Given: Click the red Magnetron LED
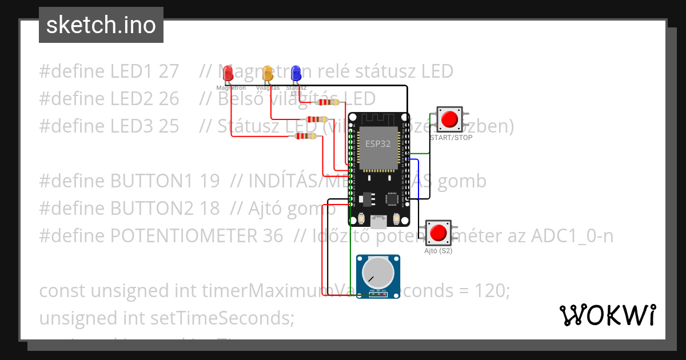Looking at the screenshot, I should click(228, 73).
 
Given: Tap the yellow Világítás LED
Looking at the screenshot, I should click(267, 73).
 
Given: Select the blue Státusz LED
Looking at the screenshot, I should click(296, 73).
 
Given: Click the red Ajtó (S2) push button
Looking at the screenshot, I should click(438, 233).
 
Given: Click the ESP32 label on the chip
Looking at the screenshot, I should click(378, 145).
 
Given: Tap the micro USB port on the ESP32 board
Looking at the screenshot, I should click(377, 220).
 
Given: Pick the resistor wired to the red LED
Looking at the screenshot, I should click(305, 136).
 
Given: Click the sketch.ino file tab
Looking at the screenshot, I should click(101, 25).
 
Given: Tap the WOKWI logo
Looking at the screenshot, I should click(607, 315).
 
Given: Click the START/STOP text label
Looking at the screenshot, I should click(451, 138).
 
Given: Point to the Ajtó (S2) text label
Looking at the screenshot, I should click(438, 251).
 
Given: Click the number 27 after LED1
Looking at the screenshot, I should click(169, 71).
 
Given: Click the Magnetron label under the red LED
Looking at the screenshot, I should click(231, 88).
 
